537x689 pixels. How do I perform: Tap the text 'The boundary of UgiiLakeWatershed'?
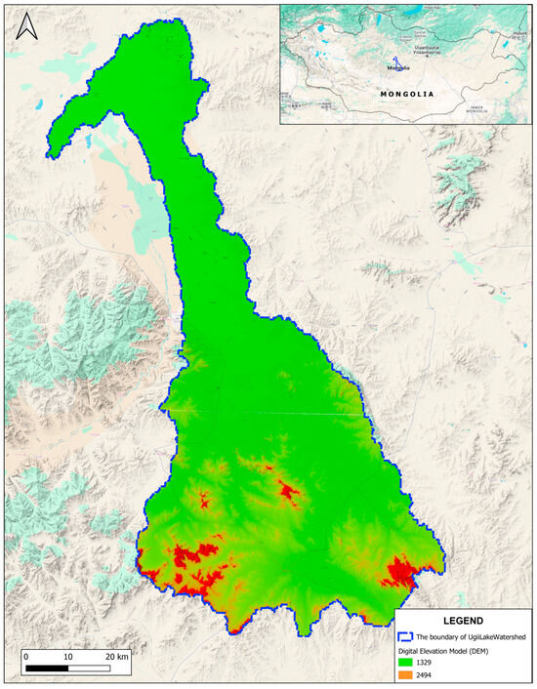tap(472, 636)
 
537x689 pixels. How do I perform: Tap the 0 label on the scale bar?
tap(25, 657)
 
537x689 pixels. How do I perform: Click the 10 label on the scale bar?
tap(68, 657)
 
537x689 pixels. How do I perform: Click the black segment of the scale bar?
tap(47, 670)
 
